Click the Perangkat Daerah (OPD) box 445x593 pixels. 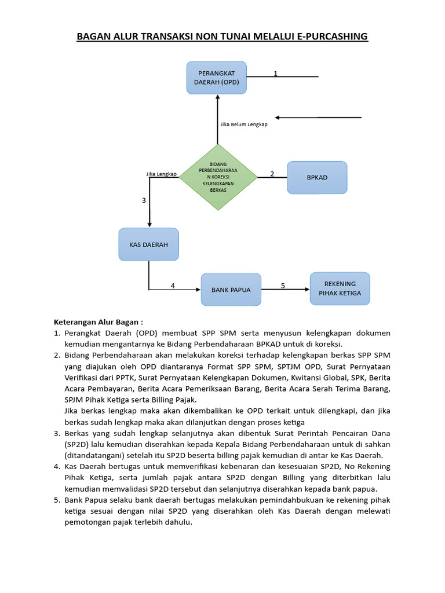tap(217, 78)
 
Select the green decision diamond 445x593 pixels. tap(218, 177)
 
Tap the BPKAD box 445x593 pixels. tap(317, 177)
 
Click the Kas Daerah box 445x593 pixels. tap(149, 244)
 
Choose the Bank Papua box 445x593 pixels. tap(231, 290)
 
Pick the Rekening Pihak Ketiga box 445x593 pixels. tap(340, 288)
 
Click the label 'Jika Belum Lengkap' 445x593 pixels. tap(243, 125)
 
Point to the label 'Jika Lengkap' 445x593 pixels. tap(161, 174)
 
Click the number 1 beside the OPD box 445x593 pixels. tap(275, 74)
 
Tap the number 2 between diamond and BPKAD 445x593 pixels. tap(272, 174)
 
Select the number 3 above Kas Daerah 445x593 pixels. tap(144, 200)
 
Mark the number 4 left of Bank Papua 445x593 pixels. tap(173, 285)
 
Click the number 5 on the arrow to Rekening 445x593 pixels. tap(283, 285)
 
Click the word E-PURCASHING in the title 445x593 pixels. tap(333, 36)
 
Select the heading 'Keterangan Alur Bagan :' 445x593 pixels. tap(98, 322)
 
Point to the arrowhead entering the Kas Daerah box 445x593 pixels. tap(149, 225)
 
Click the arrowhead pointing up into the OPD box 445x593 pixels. tap(217, 97)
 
